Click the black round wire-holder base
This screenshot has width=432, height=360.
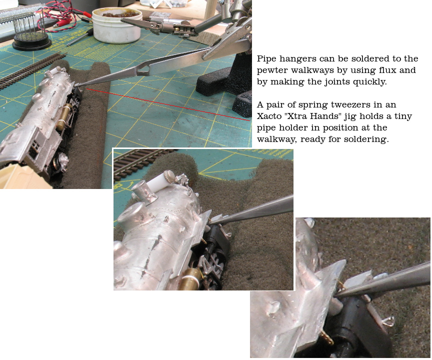tap(31, 42)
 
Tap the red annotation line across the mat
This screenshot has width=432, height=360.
tap(168, 104)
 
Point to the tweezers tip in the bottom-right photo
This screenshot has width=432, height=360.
tap(336, 295)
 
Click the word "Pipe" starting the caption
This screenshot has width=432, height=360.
tap(266, 59)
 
